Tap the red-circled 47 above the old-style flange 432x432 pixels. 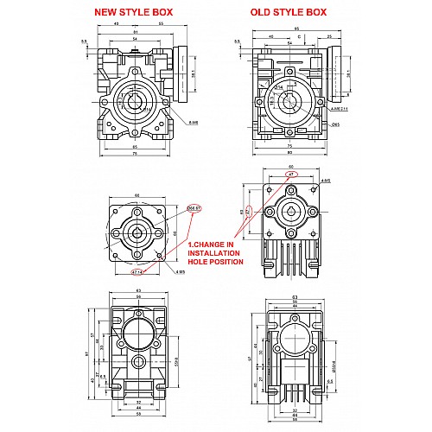coord(292,175)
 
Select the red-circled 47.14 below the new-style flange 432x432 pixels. coord(137,271)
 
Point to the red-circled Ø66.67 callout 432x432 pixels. coord(194,207)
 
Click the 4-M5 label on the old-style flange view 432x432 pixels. coord(326,180)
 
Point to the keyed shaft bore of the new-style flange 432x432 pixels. coord(137,231)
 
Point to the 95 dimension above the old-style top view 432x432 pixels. coord(295,29)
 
